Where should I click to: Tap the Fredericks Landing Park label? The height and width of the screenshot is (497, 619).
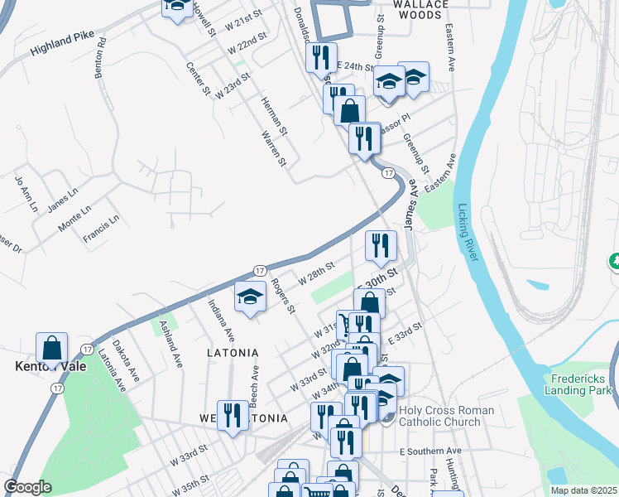[x=581, y=384]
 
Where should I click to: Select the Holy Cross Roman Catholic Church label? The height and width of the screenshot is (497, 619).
[x=446, y=416]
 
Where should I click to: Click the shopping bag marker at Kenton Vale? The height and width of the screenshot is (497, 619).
[x=51, y=348]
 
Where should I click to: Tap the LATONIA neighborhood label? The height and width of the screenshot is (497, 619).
[x=233, y=353]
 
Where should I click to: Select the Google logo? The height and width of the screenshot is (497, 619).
[x=27, y=487]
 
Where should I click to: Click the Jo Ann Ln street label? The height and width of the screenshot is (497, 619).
[x=25, y=192]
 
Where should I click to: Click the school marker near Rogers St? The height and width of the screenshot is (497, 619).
[x=249, y=298]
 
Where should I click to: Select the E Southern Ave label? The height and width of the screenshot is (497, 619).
[x=429, y=451]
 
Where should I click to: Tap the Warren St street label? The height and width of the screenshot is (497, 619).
[x=273, y=147]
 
